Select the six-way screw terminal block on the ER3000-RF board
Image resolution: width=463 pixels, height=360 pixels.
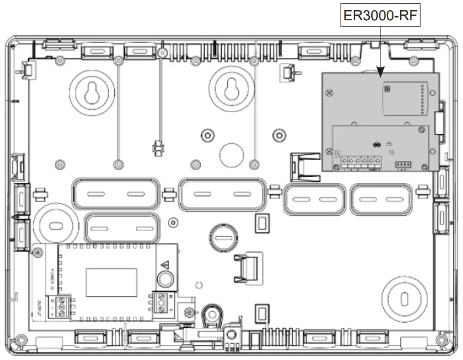(x=361, y=161)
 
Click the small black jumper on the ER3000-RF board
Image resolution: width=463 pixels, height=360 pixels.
(x=376, y=144)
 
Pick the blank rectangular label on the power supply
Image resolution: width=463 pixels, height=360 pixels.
(x=111, y=282)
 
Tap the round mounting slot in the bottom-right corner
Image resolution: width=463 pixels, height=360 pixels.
(x=404, y=298)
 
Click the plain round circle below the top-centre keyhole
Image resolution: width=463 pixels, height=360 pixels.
(x=231, y=154)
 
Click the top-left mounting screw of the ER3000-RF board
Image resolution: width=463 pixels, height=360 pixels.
(x=328, y=92)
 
